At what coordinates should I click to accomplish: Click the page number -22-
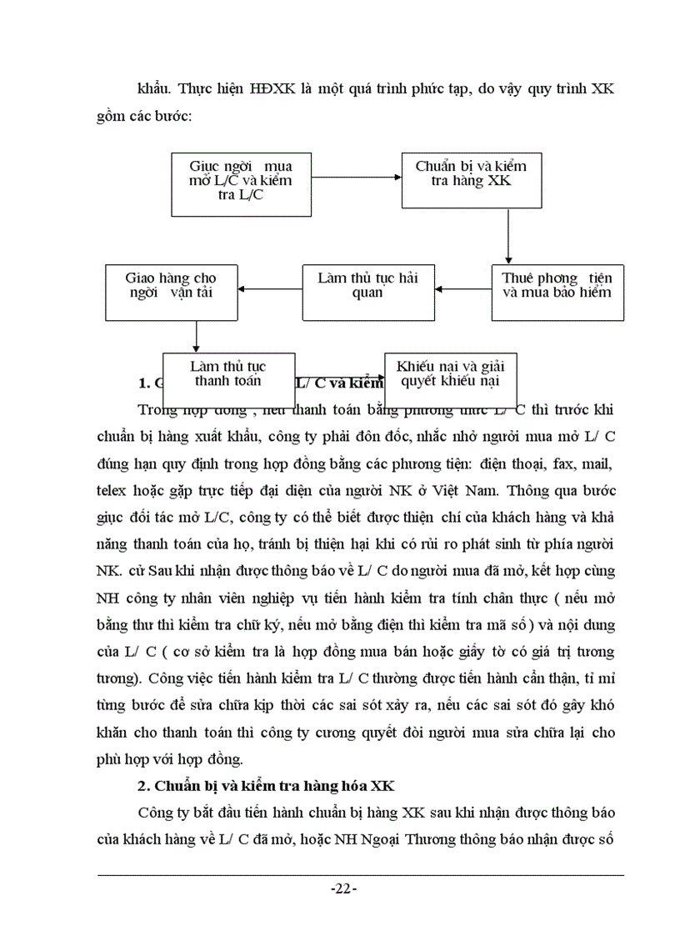point(342,889)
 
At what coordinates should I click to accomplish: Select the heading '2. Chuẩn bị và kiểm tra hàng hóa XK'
point(265,787)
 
